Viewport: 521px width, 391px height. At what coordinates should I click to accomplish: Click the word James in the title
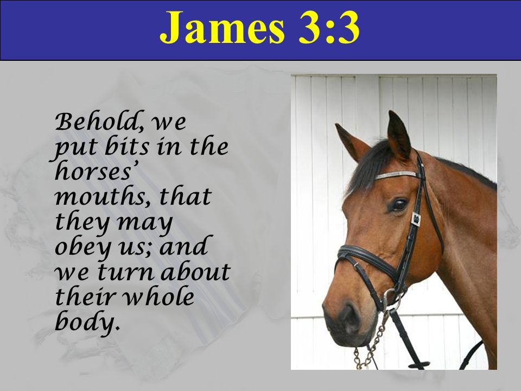pyautogui.click(x=223, y=28)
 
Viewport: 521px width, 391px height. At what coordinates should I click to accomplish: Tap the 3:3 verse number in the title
pyautogui.click(x=329, y=28)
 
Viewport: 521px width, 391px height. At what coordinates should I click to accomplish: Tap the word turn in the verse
pyautogui.click(x=126, y=272)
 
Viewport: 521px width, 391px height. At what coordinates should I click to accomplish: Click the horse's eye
pyautogui.click(x=398, y=205)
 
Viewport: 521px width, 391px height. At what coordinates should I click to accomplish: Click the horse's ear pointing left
pyautogui.click(x=352, y=141)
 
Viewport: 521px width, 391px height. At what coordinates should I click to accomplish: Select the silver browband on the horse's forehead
pyautogui.click(x=396, y=175)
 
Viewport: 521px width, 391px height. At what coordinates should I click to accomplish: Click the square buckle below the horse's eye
pyautogui.click(x=415, y=219)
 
